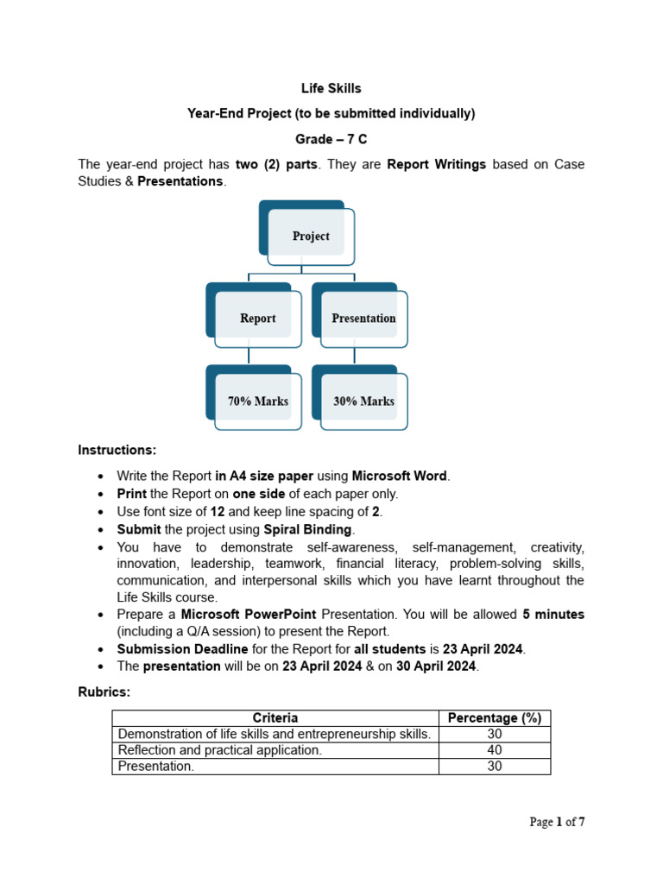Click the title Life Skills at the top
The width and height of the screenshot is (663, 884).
pyautogui.click(x=331, y=88)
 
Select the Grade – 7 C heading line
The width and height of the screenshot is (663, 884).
pyautogui.click(x=331, y=139)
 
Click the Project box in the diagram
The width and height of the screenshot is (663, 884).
pyautogui.click(x=311, y=236)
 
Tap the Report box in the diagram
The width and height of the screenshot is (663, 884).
pyautogui.click(x=257, y=318)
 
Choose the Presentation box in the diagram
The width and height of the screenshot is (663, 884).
pyautogui.click(x=363, y=318)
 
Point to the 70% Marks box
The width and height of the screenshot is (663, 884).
pyautogui.click(x=257, y=401)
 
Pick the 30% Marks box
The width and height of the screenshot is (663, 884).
pyautogui.click(x=363, y=401)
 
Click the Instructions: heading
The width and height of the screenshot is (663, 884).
pyautogui.click(x=117, y=450)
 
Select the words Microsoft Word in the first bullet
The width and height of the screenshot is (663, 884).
pyautogui.click(x=399, y=476)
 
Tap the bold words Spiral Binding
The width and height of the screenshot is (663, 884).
pyautogui.click(x=307, y=529)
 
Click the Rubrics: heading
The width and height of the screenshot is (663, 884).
pyautogui.click(x=105, y=692)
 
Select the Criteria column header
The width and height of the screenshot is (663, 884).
pyautogui.click(x=275, y=717)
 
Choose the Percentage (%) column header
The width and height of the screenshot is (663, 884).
pyautogui.click(x=495, y=717)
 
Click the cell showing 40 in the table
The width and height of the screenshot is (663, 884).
pyautogui.click(x=495, y=750)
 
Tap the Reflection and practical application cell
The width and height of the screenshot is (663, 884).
pyautogui.click(x=219, y=750)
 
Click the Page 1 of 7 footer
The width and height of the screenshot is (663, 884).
pyautogui.click(x=557, y=822)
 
